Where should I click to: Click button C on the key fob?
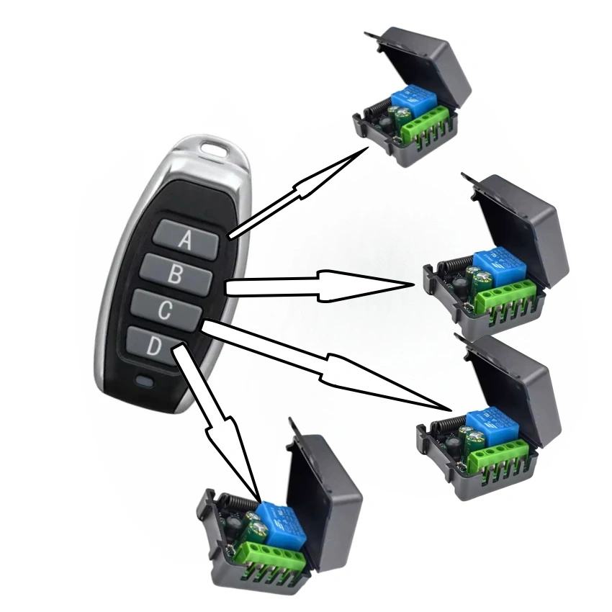tap(166, 310)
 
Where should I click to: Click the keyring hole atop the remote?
tap(214, 151)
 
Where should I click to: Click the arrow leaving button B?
tap(324, 286)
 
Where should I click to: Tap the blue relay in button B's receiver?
tap(499, 265)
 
